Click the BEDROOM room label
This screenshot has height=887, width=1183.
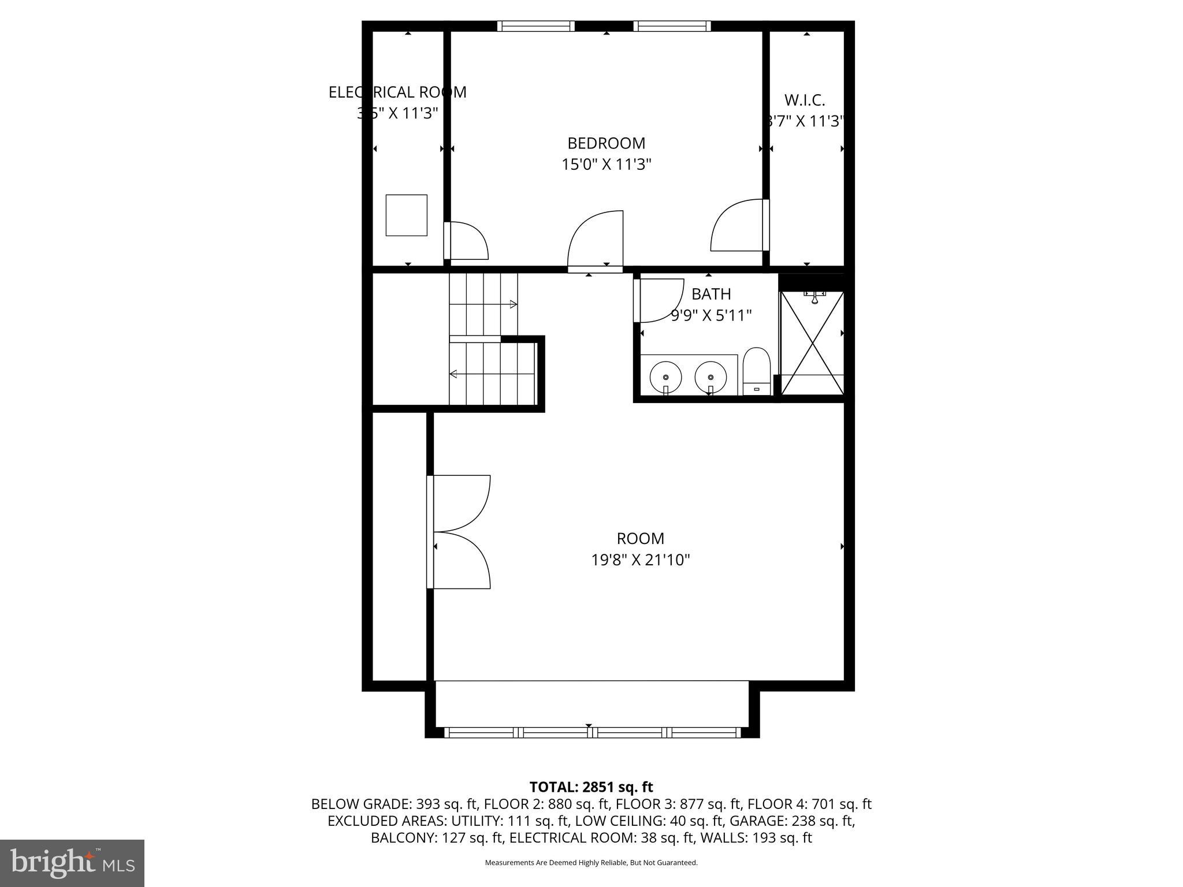(x=606, y=143)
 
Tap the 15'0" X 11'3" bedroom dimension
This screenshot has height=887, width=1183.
(x=606, y=165)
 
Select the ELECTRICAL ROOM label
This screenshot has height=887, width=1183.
(x=397, y=92)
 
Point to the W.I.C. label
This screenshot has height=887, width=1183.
(x=805, y=100)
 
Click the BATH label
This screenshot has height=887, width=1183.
(x=711, y=295)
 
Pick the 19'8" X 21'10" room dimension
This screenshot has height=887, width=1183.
(x=640, y=560)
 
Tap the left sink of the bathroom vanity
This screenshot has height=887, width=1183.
(x=665, y=377)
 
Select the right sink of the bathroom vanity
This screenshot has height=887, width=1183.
(x=710, y=377)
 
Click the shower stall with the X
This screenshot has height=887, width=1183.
(x=812, y=343)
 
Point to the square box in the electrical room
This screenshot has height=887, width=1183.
(x=406, y=215)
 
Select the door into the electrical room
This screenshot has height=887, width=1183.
(x=467, y=241)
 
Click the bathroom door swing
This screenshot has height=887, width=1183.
(x=659, y=300)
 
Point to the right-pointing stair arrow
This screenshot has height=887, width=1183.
(x=512, y=304)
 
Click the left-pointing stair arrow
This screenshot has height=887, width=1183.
(x=453, y=374)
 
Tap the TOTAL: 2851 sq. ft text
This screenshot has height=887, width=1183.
(x=591, y=787)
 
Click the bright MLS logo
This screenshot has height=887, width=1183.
(x=72, y=863)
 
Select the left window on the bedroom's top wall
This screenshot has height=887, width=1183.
(x=535, y=26)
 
